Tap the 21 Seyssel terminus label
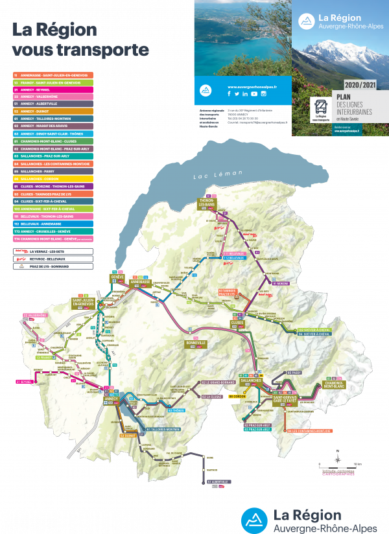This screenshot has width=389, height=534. pyautogui.click(x=25, y=382)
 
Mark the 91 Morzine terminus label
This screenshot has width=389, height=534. pyautogui.click(x=281, y=283)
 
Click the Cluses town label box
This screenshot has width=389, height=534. pyautogui.click(x=237, y=322)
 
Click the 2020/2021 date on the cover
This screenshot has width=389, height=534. pyautogui.click(x=360, y=85)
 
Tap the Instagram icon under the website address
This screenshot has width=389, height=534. pyautogui.click(x=263, y=94)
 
